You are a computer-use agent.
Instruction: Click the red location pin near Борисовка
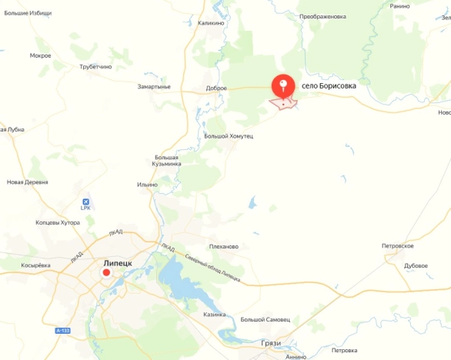(x=284, y=85)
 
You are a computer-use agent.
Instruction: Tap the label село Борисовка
(x=329, y=86)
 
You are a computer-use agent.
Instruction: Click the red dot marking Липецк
(x=107, y=272)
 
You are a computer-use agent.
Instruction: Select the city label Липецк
(x=118, y=262)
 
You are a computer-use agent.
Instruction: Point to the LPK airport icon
(x=86, y=202)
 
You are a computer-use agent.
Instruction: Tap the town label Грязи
(x=271, y=342)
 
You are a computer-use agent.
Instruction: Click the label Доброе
(x=216, y=88)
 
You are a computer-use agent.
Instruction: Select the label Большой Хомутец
(x=228, y=135)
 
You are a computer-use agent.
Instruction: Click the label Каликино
(x=211, y=23)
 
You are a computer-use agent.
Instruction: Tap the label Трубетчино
(x=95, y=67)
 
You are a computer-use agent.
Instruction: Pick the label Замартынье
(x=154, y=87)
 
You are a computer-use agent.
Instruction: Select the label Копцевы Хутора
(x=58, y=222)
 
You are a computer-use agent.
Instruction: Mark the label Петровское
(x=398, y=245)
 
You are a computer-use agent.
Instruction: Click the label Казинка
(x=214, y=315)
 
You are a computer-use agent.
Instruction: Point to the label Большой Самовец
(x=265, y=319)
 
